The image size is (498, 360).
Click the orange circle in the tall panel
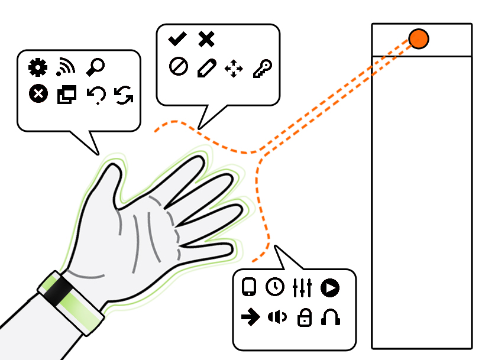pyautogui.click(x=419, y=39)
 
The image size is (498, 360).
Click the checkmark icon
pyautogui.click(x=177, y=40)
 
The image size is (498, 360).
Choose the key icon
pyautogui.click(x=260, y=69)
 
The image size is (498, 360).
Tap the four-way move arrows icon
pyautogui.click(x=234, y=69)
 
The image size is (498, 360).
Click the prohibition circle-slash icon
pyautogui.click(x=178, y=67)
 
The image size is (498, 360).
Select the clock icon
pyautogui.click(x=274, y=287)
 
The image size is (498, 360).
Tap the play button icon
pyautogui.click(x=330, y=287)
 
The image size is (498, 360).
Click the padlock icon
pyautogui.click(x=304, y=318)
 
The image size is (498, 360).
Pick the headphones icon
pyautogui.click(x=331, y=318)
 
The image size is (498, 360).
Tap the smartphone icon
pyautogui.click(x=249, y=287)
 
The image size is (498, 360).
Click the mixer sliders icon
pyautogui.click(x=302, y=287)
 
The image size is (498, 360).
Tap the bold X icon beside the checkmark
pyautogui.click(x=206, y=40)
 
